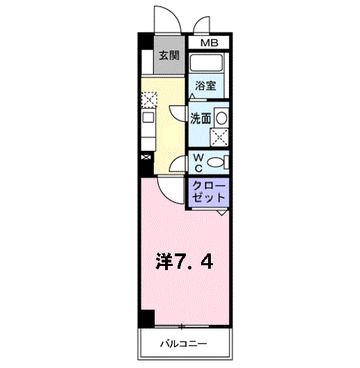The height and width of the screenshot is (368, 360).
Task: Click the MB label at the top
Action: (209, 44)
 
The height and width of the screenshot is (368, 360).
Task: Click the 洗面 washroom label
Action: (201, 118)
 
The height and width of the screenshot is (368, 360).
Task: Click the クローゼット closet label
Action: (208, 192)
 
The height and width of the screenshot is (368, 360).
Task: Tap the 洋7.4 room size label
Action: (185, 262)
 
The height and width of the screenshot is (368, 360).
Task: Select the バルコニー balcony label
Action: (185, 343)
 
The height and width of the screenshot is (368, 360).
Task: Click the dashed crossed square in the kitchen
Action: (148, 100)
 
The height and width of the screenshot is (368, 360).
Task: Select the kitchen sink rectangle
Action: (148, 117)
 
